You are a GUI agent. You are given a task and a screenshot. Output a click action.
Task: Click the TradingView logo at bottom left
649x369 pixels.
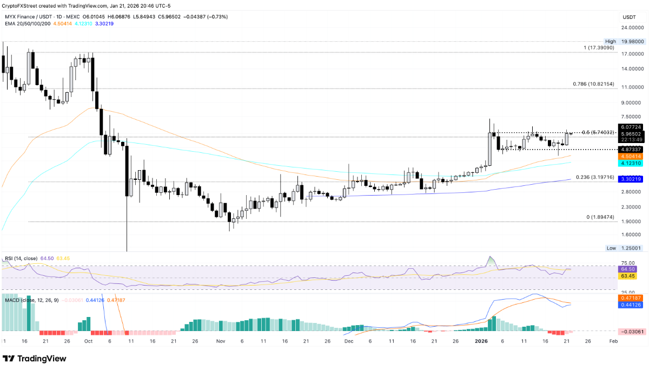[35, 359]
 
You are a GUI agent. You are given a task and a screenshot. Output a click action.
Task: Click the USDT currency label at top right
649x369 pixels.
[629, 17]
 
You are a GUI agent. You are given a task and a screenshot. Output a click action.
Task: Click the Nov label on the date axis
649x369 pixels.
[220, 341]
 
